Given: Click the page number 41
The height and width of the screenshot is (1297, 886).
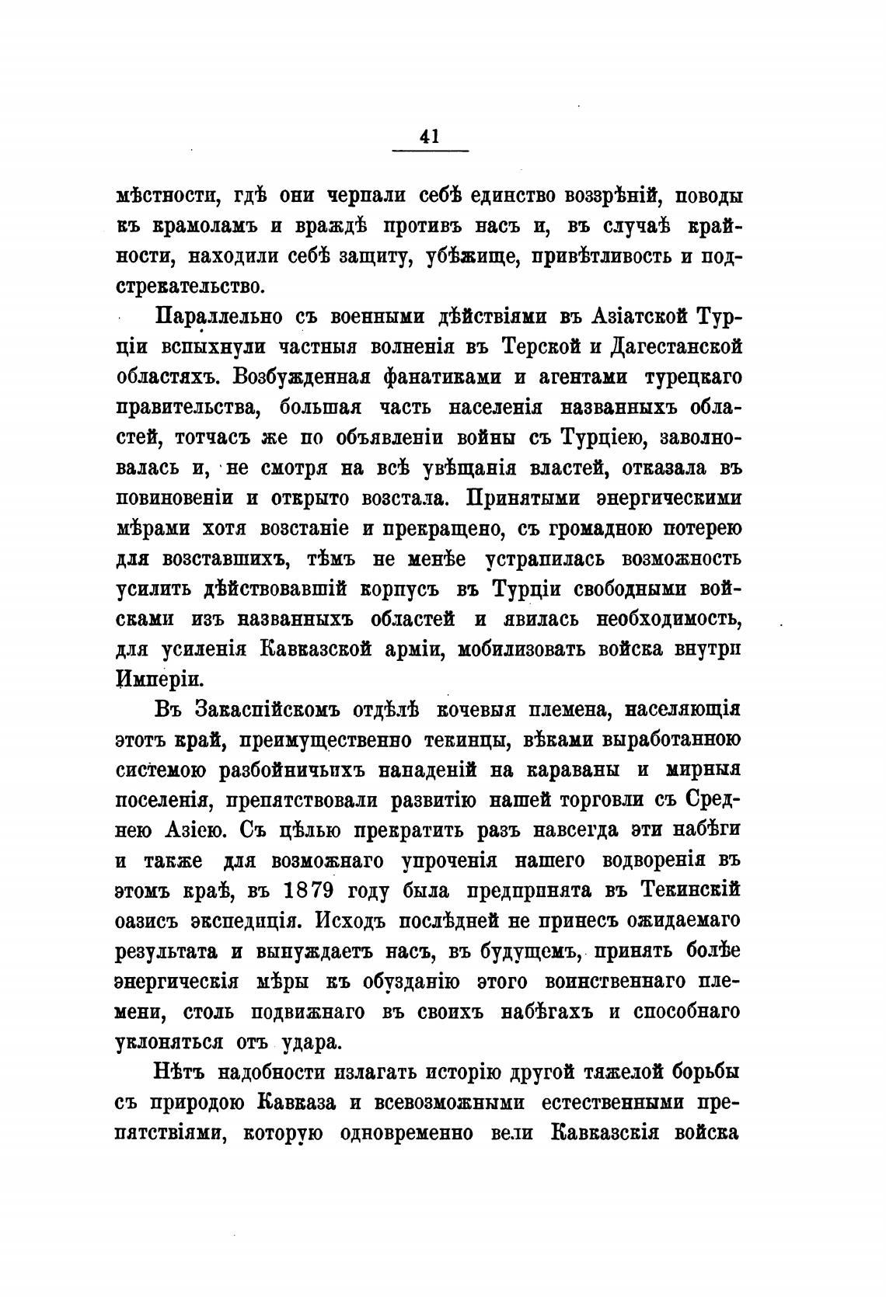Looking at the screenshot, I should point(430,136).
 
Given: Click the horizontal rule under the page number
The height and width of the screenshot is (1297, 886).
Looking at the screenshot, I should point(430,150).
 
